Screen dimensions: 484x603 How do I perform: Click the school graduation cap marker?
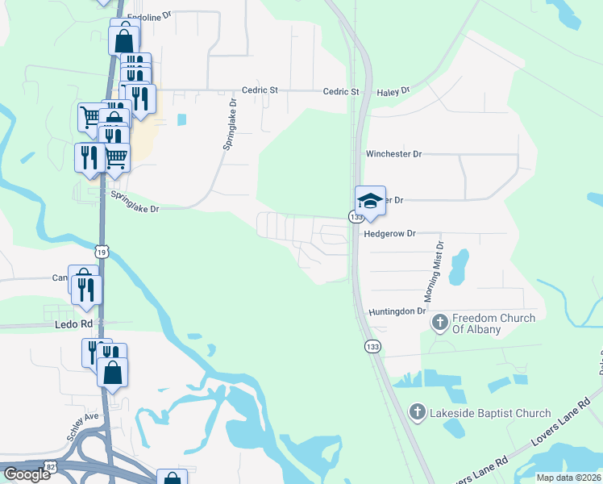click(370, 201)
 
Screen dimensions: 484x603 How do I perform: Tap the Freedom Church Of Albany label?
click(494, 323)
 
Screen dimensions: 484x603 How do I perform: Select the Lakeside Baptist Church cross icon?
click(417, 413)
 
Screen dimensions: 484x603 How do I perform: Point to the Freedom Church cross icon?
click(439, 323)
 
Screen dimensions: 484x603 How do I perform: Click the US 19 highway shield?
click(101, 252)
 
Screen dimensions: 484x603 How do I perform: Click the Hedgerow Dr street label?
click(389, 233)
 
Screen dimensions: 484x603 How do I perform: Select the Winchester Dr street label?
click(393, 153)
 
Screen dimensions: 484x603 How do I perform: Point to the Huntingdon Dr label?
click(397, 311)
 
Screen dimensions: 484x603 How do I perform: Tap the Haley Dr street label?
click(394, 92)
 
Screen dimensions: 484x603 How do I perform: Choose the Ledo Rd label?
click(74, 323)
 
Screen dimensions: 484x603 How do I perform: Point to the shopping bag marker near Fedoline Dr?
click(124, 40)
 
